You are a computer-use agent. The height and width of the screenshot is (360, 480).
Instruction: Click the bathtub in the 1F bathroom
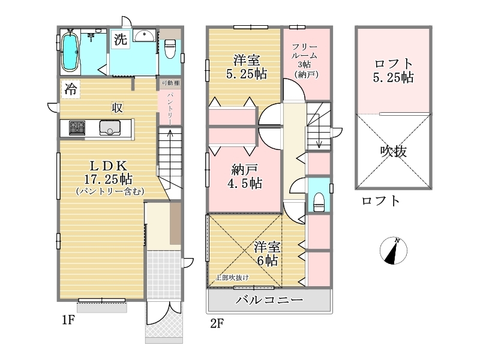[x=70, y=52]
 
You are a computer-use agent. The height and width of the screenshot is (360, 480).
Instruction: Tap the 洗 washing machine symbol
[x=120, y=39]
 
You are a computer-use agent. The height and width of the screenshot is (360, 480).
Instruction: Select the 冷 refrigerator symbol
[x=71, y=89]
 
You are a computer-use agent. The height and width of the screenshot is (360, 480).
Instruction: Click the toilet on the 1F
[x=170, y=49]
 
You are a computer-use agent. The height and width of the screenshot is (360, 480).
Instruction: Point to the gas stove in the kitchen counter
[x=77, y=128]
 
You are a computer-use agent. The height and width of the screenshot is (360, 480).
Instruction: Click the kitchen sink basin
[x=110, y=128]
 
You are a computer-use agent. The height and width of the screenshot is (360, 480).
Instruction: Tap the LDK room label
[x=109, y=166]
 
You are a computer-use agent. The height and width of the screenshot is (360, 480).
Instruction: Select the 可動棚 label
[x=170, y=83]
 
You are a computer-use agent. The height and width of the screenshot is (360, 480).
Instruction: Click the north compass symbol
[x=394, y=250]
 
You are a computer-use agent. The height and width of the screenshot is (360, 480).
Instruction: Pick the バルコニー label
[x=269, y=299]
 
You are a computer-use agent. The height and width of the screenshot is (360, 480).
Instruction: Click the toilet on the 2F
[x=319, y=202]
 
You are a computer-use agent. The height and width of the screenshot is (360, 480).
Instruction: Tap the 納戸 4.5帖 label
[x=245, y=176]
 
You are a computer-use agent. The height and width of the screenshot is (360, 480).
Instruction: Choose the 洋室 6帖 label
[x=267, y=254]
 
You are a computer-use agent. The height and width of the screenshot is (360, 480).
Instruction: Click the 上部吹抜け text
[x=232, y=278]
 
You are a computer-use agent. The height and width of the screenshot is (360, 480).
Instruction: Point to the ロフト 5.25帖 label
[x=394, y=71]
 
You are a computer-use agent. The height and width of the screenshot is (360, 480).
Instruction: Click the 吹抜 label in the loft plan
[x=394, y=151]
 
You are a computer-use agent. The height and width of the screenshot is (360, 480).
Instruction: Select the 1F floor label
[x=68, y=320]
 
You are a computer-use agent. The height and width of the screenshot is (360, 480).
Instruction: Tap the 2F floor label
[x=217, y=323]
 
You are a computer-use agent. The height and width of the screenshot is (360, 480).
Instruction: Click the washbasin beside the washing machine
[x=145, y=36]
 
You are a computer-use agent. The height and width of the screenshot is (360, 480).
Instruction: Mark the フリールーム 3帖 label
[x=305, y=61]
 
